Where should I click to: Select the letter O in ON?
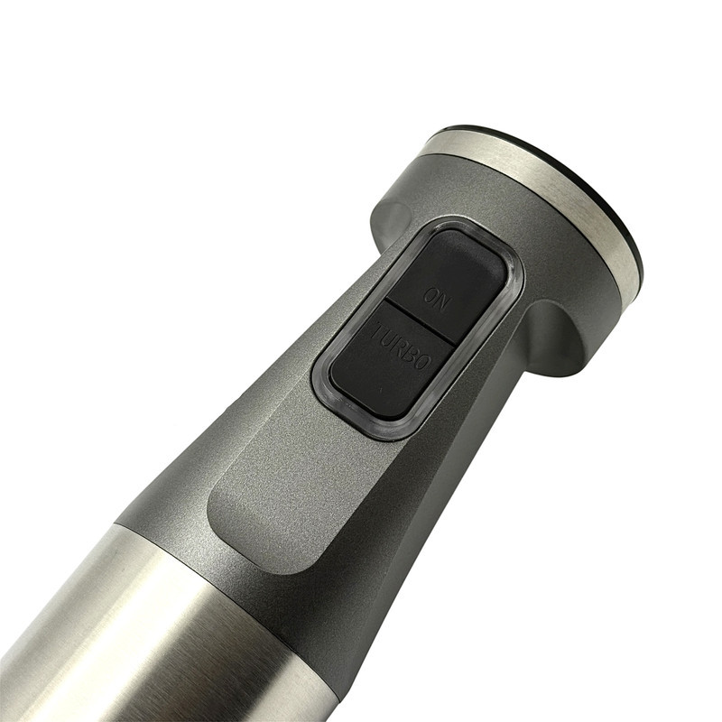[x=430, y=296]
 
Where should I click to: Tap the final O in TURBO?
[x=424, y=363]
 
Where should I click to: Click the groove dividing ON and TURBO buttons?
[x=420, y=322]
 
